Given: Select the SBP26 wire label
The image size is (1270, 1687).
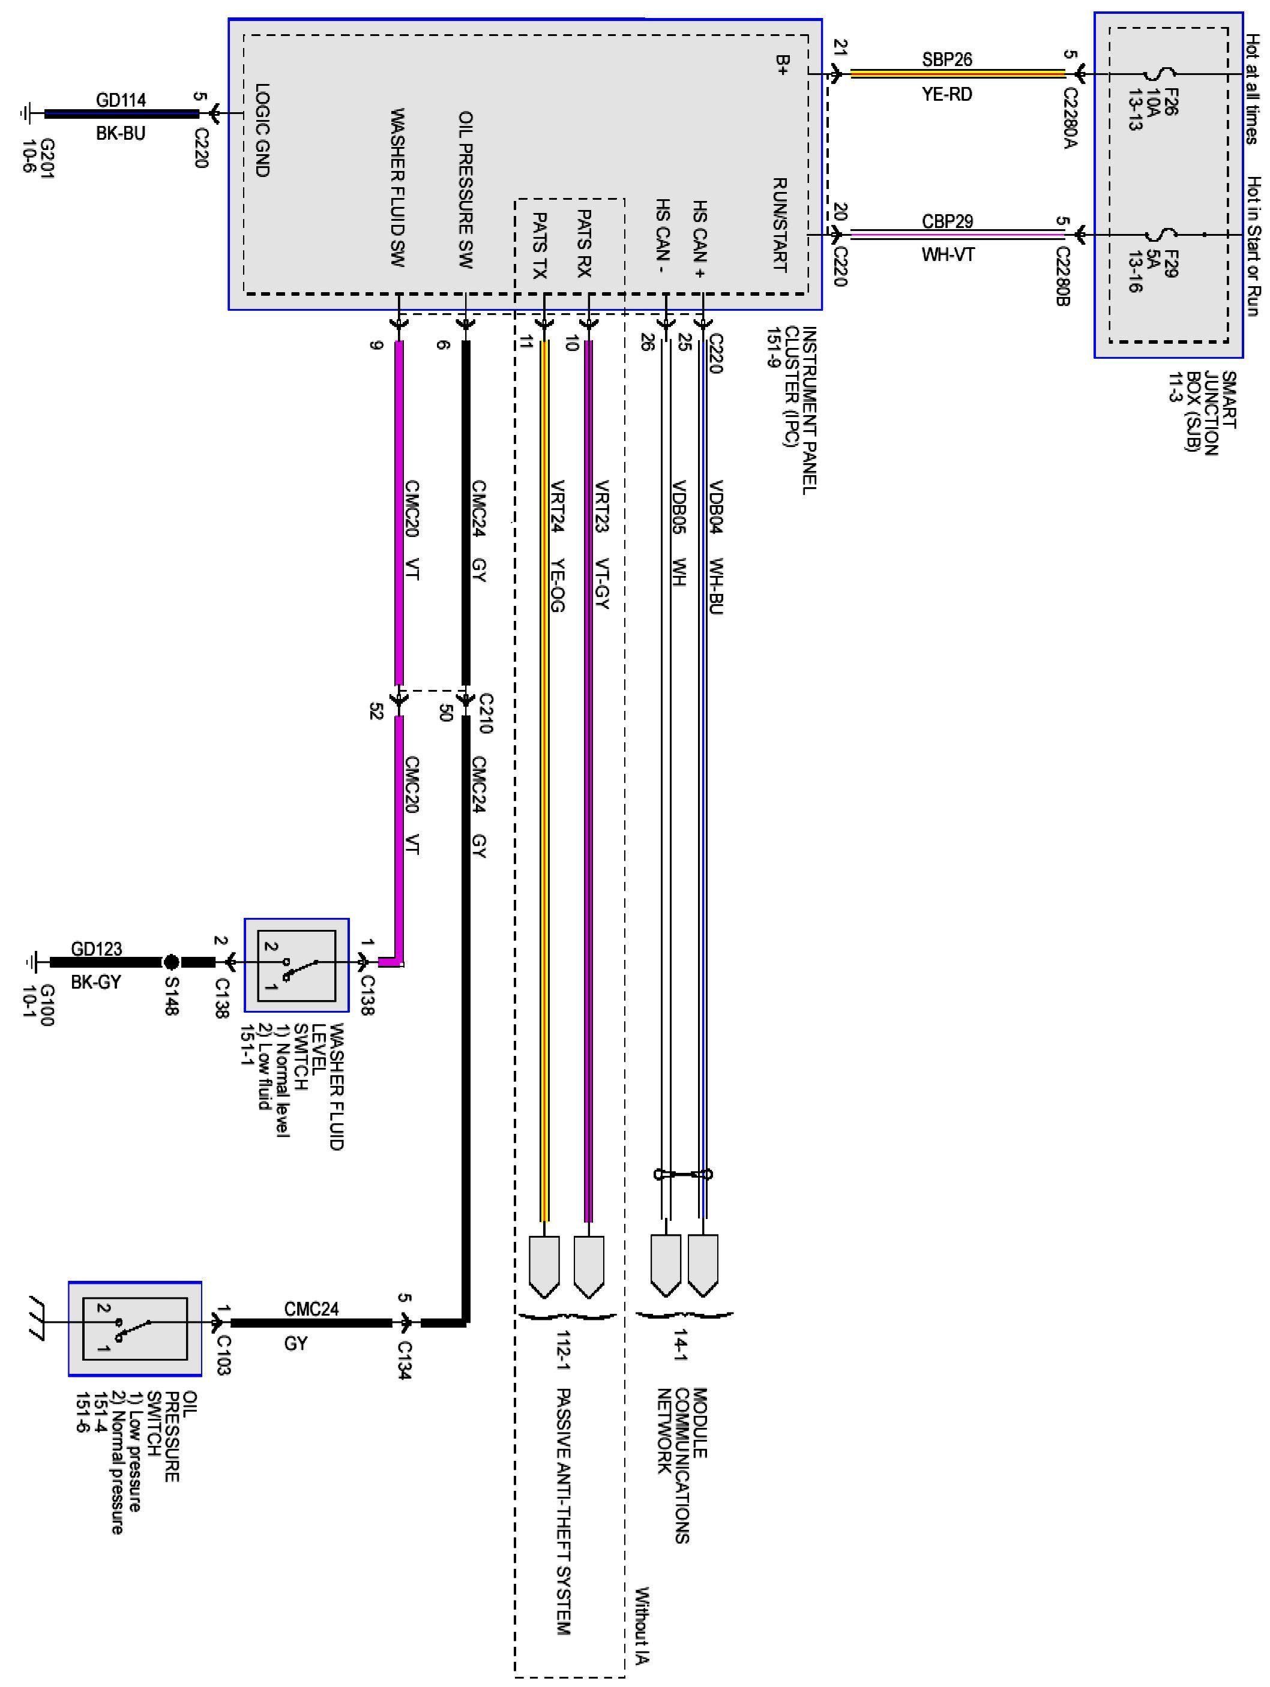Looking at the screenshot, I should click(946, 59).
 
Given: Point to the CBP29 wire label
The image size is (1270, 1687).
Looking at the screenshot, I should click(946, 221).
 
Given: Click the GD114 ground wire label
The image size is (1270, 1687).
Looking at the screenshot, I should click(121, 100).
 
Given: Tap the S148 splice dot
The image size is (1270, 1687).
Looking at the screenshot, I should click(172, 962).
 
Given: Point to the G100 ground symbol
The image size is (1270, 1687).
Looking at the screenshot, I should click(31, 962).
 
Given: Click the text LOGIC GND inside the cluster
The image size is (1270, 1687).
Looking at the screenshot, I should click(262, 130).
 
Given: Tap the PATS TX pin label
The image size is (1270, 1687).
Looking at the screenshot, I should click(540, 245).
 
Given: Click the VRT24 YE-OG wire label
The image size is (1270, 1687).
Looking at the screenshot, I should click(557, 545).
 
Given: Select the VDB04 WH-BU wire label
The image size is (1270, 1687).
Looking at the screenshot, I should click(715, 546).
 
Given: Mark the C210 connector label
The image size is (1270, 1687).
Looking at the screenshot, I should click(485, 713).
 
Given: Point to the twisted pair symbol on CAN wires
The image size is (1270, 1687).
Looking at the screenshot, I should click(682, 1173).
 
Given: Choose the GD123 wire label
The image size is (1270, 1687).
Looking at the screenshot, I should click(96, 948).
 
